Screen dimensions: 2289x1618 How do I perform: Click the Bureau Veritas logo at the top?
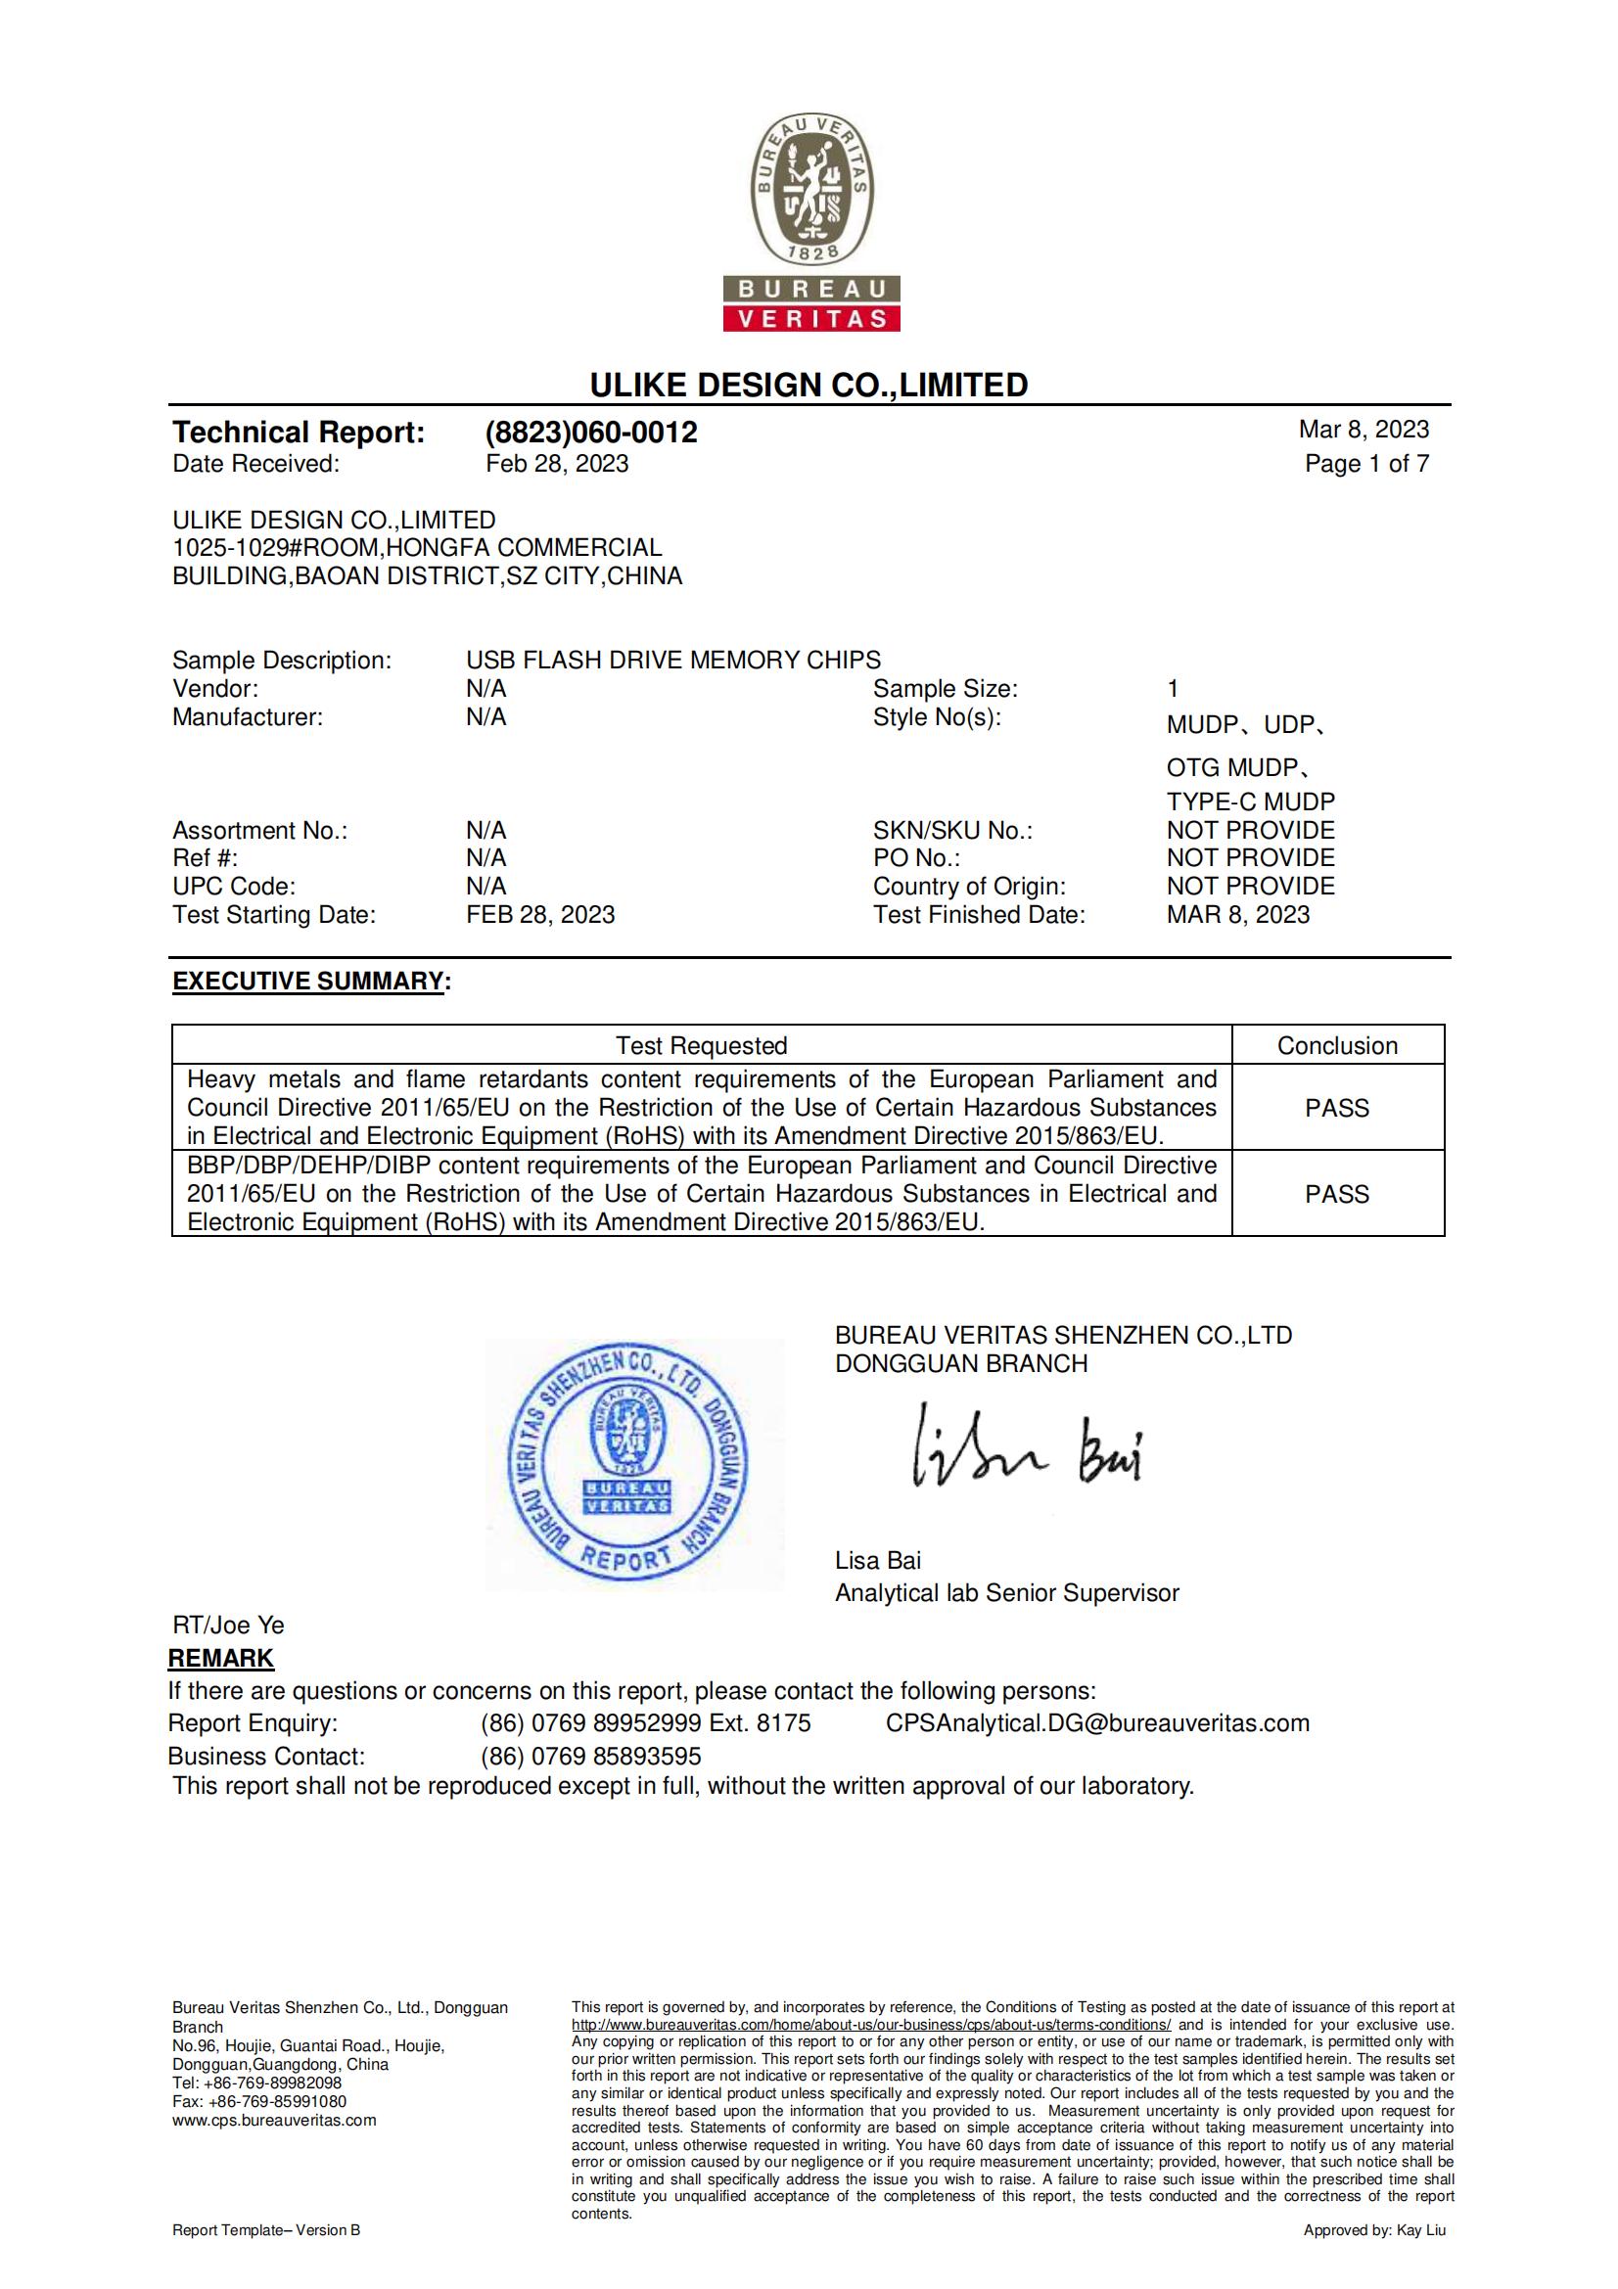click(x=811, y=222)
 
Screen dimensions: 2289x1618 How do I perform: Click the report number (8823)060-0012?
click(x=591, y=433)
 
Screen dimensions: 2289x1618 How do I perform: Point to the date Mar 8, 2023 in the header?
click(x=1363, y=430)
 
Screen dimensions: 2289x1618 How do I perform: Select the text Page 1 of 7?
click(x=1365, y=464)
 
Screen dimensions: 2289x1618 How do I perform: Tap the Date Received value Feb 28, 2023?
click(x=556, y=464)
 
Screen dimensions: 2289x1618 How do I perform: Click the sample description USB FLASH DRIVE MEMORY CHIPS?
click(x=672, y=660)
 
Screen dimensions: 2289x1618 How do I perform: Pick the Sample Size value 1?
click(x=1174, y=689)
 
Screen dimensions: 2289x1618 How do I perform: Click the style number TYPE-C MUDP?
click(x=1250, y=801)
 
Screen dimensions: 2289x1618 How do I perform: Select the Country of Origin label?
click(x=969, y=887)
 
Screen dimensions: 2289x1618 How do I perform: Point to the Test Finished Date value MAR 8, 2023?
click(x=1237, y=915)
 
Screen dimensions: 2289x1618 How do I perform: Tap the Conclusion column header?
click(x=1337, y=1046)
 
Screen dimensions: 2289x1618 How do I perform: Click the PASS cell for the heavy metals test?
click(x=1337, y=1108)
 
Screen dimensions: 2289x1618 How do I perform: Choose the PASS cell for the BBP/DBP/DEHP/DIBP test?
click(x=1337, y=1194)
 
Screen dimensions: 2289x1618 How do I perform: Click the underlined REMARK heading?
click(x=220, y=1658)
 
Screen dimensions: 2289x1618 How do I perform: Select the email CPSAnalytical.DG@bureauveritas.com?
click(x=1096, y=1722)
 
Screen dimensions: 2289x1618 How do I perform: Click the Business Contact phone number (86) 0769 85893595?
click(x=590, y=1756)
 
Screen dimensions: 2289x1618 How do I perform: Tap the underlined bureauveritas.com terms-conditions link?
click(x=870, y=2024)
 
